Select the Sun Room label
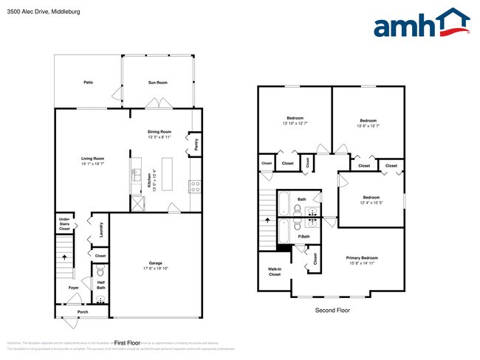(x=157, y=83)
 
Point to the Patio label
(x=88, y=83)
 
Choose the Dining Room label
(x=160, y=131)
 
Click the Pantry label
(x=196, y=143)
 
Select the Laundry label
(x=100, y=229)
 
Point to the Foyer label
(x=74, y=288)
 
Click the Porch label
(x=83, y=312)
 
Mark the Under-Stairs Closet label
(x=65, y=224)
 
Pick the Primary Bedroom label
(x=363, y=257)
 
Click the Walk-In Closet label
(x=274, y=271)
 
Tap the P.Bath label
(x=303, y=236)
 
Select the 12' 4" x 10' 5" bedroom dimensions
(x=371, y=202)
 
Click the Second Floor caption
(x=332, y=311)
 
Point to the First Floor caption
(x=127, y=343)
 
